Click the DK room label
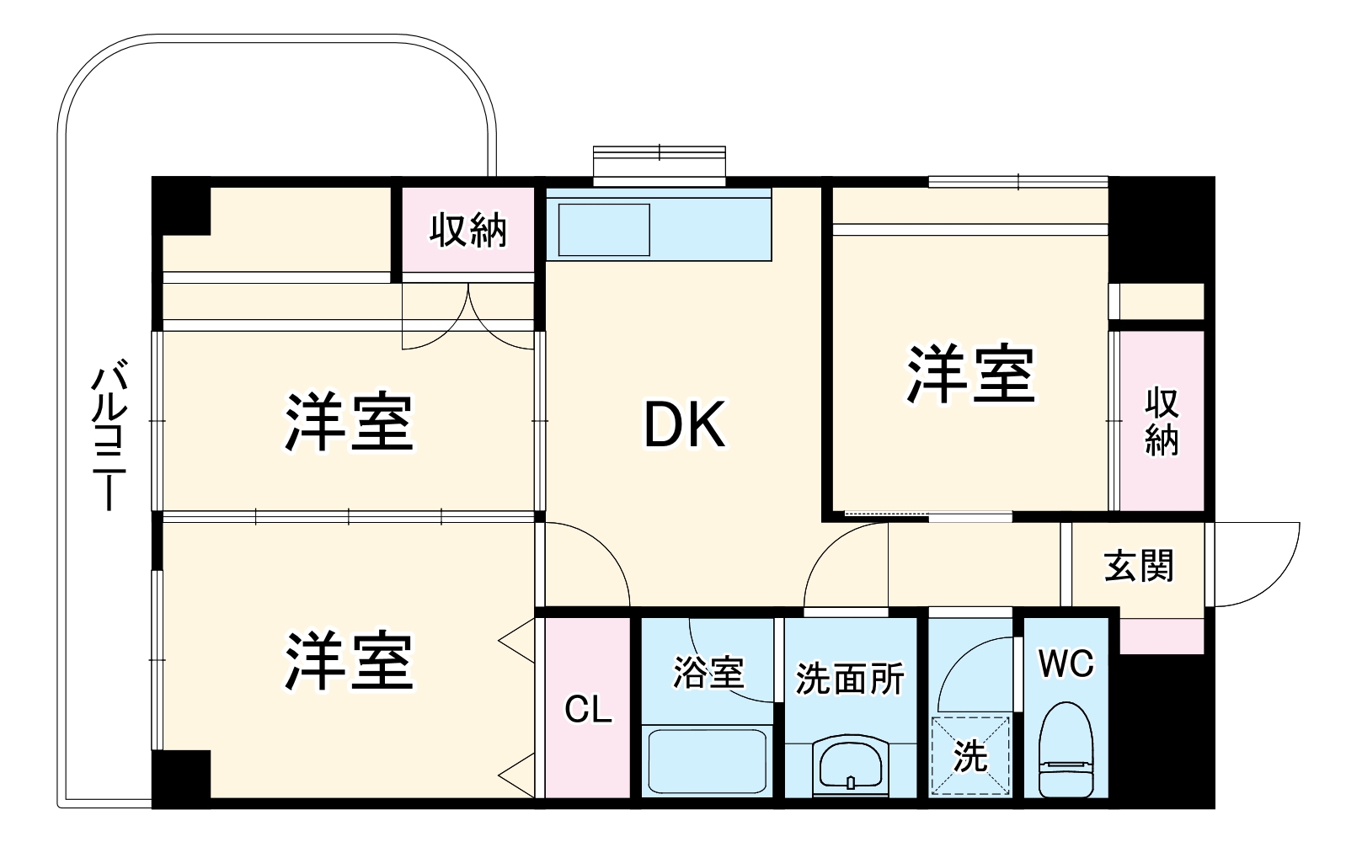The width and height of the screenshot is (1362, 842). coord(684,426)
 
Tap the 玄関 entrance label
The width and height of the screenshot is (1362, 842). coord(1139,567)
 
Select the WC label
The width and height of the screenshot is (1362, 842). coord(1066,664)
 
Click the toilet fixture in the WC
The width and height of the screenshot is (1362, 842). coord(1066,751)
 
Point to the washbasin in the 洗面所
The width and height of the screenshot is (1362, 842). coord(850,765)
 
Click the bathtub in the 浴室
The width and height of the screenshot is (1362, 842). coord(707,759)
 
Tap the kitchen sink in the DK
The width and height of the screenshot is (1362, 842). coord(603,229)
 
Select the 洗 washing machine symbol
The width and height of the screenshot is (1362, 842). coord(970,755)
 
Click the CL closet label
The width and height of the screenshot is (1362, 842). coord(587,710)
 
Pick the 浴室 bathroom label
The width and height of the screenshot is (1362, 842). coord(708,674)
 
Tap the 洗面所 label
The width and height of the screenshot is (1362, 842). coord(850,679)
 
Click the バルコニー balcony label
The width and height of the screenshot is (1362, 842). coord(109,437)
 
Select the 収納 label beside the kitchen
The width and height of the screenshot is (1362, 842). coord(468,230)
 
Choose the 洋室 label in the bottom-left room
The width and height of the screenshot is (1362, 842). coord(349,661)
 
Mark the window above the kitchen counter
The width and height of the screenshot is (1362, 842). coord(659,165)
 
